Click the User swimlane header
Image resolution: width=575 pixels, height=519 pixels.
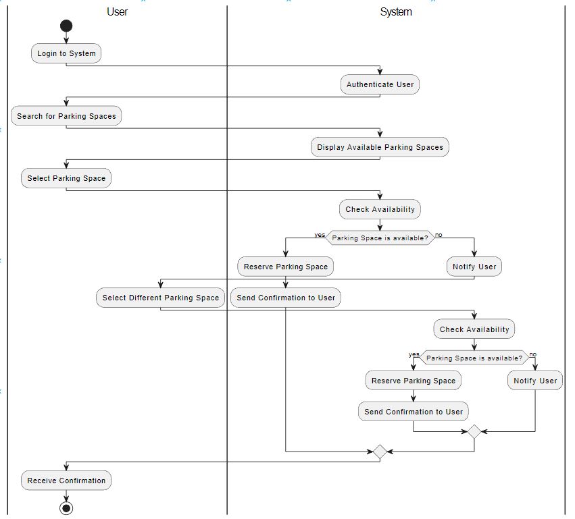[117, 11]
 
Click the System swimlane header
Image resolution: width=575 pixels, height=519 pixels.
[396, 11]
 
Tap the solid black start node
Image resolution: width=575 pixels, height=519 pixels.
[66, 26]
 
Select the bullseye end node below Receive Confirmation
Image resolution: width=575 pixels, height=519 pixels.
[66, 508]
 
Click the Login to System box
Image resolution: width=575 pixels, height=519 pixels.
[66, 53]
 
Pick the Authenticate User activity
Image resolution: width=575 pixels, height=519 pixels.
[380, 84]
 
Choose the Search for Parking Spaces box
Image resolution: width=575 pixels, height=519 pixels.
[66, 116]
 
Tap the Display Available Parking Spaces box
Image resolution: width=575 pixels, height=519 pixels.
[380, 147]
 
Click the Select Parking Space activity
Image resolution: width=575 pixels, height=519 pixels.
[66, 178]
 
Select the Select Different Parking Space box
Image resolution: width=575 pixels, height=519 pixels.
[160, 298]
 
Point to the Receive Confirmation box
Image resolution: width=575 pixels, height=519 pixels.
[66, 481]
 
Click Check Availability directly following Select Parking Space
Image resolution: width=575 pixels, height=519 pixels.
[380, 209]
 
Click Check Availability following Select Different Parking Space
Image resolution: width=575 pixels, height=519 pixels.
[474, 329]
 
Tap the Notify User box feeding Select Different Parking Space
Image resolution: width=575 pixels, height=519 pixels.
[474, 267]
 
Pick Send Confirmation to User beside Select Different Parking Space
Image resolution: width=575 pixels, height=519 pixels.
[286, 298]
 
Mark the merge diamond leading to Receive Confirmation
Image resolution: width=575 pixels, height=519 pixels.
[380, 452]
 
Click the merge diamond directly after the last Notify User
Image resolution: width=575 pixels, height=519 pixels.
[474, 431]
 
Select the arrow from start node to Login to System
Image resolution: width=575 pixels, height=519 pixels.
[66, 38]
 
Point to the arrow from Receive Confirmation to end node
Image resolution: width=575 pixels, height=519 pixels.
[66, 495]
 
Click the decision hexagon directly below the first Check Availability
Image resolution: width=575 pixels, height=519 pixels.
[380, 238]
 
